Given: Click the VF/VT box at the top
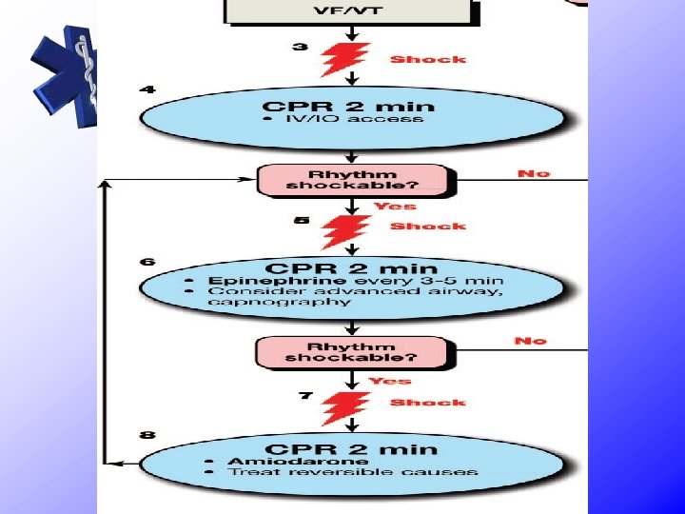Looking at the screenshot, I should pos(348,11).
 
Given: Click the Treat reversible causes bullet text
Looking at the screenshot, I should pos(353,472).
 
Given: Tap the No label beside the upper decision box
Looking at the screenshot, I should pos(533,173).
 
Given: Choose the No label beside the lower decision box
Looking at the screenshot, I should pos(530,340).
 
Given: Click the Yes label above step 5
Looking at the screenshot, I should pos(393,206).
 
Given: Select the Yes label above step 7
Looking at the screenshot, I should pos(390,381).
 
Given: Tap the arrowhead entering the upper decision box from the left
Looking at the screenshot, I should pos(250,180).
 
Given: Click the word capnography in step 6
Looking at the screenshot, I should pos(284,302).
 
